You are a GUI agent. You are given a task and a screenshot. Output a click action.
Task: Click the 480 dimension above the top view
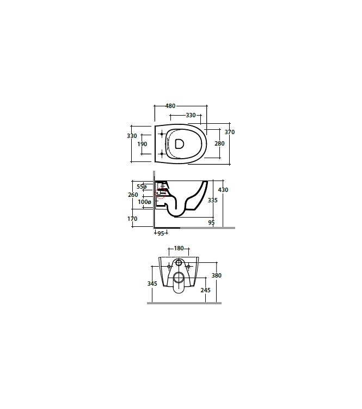coord(170,106)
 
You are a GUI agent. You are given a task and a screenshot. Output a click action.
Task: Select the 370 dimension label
coord(230,132)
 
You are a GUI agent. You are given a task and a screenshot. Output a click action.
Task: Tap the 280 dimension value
coord(219,143)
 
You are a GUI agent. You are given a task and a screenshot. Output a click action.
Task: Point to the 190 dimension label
coord(142,144)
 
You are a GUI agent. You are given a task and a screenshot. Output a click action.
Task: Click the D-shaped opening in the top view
coord(180,144)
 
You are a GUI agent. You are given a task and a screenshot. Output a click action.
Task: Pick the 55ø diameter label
coord(142,187)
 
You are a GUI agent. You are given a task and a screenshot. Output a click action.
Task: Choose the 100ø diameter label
coord(144,202)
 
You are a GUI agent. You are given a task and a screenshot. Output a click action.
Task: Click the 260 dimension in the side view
coord(133,195)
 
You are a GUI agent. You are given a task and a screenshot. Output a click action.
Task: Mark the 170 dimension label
coord(132,219)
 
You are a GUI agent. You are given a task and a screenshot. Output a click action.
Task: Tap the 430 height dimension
coord(223,190)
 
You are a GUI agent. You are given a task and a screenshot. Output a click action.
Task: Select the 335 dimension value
coord(213,201)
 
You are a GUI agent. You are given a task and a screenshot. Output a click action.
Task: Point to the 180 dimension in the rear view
coord(179,249)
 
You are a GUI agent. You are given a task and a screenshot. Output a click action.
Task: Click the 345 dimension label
coord(152,284)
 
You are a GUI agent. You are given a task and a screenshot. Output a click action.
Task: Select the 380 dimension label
coord(217,275)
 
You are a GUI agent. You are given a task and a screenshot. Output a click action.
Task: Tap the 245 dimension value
coord(205,290)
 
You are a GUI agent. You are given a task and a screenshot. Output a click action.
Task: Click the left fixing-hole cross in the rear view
coord(169,267)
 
